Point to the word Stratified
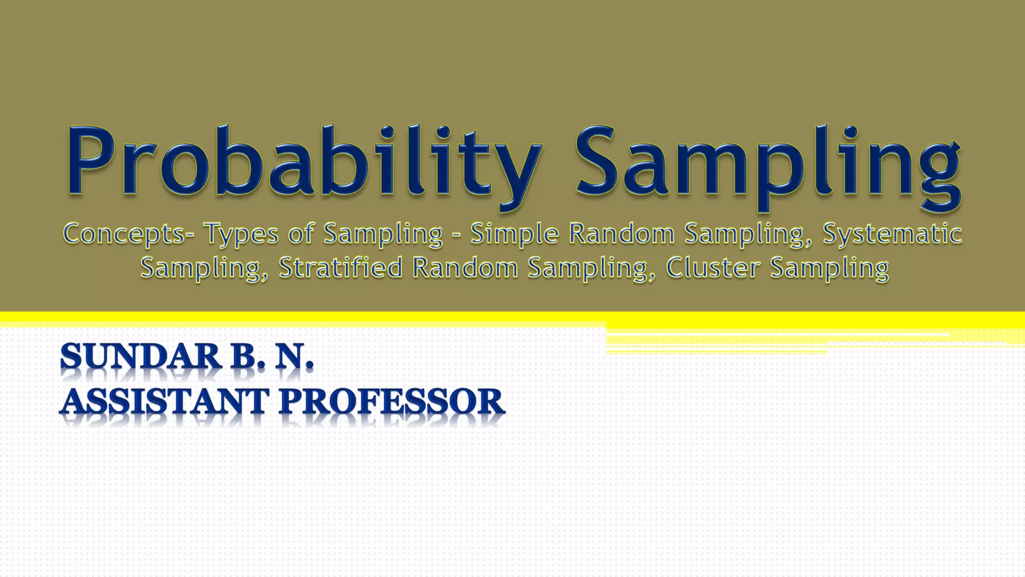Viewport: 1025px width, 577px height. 340,267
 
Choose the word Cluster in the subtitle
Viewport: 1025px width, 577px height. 713,267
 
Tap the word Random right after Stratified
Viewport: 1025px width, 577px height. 465,267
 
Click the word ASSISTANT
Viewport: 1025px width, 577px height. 165,402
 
